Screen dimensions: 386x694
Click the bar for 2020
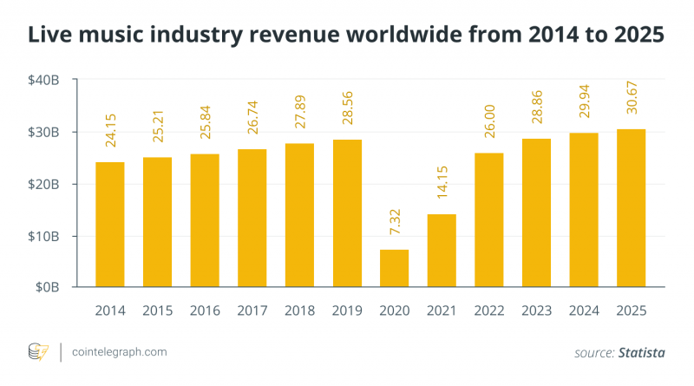click(395, 268)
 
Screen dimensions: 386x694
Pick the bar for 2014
click(110, 225)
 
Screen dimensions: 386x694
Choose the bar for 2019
click(347, 213)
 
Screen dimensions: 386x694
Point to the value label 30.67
click(631, 104)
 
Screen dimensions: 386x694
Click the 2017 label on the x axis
click(252, 311)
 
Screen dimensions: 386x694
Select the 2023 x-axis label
click(536, 311)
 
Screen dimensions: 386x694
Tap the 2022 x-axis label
click(489, 311)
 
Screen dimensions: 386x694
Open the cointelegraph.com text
click(120, 352)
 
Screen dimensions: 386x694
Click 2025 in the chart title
click(635, 36)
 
